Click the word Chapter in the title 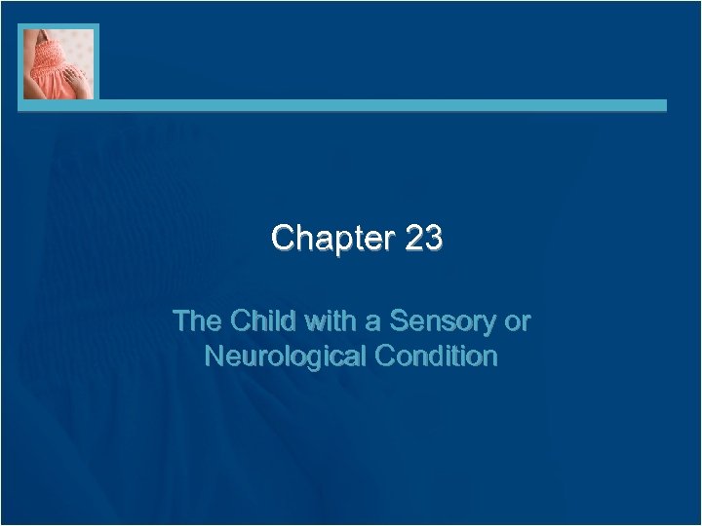pyautogui.click(x=331, y=238)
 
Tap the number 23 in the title pyautogui.click(x=422, y=238)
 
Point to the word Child pyautogui.click(x=261, y=320)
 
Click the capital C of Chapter pyautogui.click(x=284, y=238)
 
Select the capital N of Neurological pyautogui.click(x=215, y=357)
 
